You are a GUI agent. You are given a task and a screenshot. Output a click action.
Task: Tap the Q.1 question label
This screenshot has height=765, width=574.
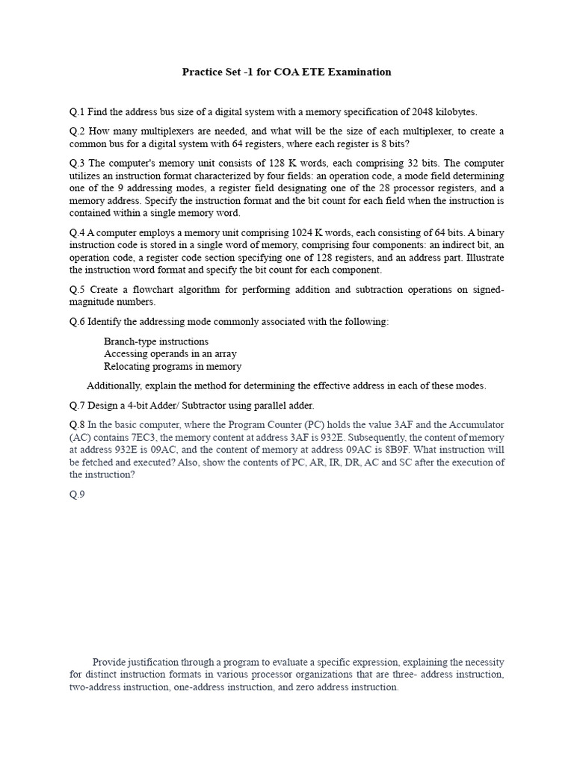[77, 111]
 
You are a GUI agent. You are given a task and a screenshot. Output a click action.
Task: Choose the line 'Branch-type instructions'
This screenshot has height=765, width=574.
[156, 341]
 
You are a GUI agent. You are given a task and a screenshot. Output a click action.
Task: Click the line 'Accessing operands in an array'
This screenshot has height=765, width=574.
[170, 354]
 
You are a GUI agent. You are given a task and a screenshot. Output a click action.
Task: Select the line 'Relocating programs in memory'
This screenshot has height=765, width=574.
[173, 367]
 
